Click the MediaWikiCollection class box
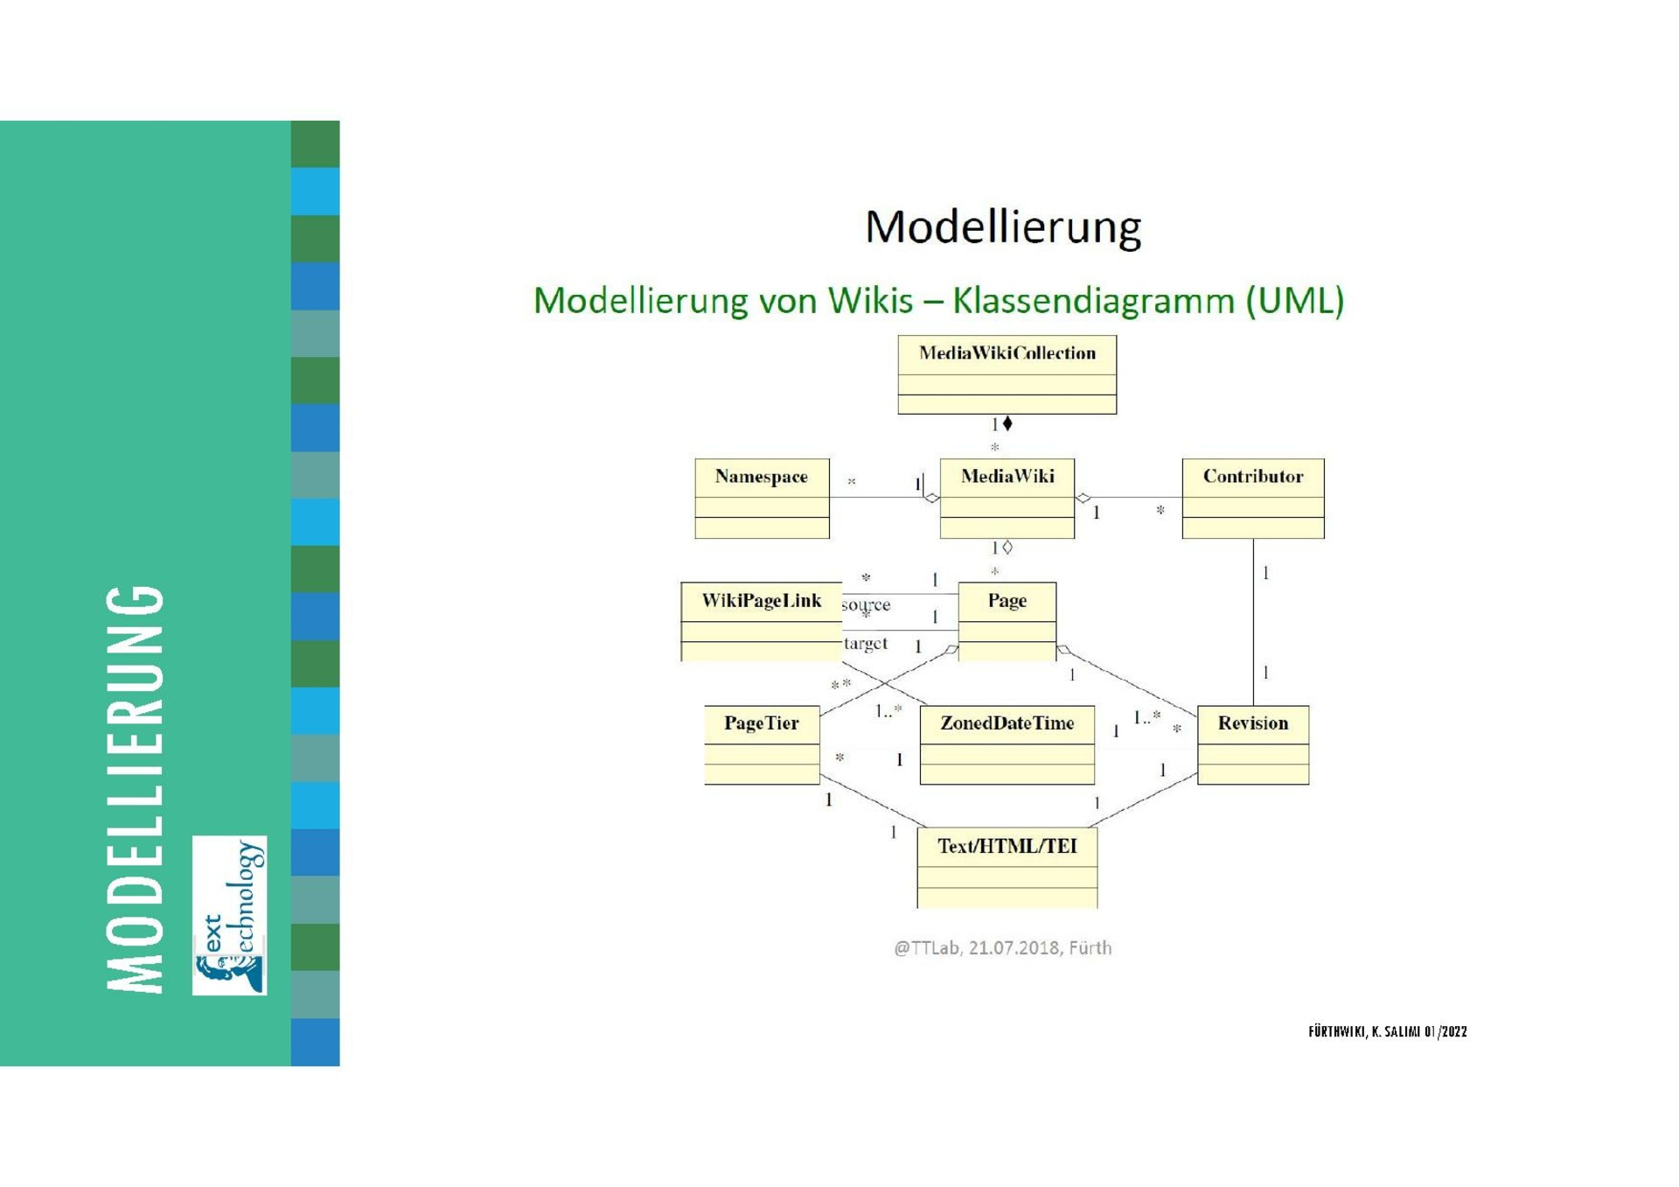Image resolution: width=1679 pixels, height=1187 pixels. pos(1007,374)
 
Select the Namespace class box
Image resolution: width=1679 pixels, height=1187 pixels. pos(762,498)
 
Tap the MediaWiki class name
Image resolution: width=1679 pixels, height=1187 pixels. pos(1007,477)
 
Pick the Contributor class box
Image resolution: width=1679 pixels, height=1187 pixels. pos(1252,498)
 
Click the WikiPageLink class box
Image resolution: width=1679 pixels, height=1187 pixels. pos(761,621)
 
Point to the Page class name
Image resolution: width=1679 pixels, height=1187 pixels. pos(1007,601)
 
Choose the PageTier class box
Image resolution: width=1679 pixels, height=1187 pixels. pos(762,744)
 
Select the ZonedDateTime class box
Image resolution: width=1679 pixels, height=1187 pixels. pos(1007,744)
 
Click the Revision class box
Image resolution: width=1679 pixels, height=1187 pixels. pos(1252,744)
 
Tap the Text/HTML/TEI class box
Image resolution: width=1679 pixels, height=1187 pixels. pos(1007,868)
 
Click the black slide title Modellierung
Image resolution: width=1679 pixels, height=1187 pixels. pos(1003,227)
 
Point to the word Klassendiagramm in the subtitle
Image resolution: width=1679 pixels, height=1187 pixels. pos(1093,301)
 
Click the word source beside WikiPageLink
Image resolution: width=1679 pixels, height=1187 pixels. pos(866,604)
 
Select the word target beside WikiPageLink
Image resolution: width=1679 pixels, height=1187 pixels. pos(866,644)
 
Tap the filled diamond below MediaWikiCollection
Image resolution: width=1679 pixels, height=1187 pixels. pos(1007,423)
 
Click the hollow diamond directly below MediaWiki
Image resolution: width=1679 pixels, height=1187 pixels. pos(1007,548)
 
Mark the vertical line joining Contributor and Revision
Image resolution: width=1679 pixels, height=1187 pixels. pos(1253,621)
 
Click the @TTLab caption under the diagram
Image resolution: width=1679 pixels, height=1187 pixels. pos(1002,948)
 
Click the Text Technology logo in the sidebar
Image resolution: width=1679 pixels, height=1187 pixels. pos(229,915)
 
